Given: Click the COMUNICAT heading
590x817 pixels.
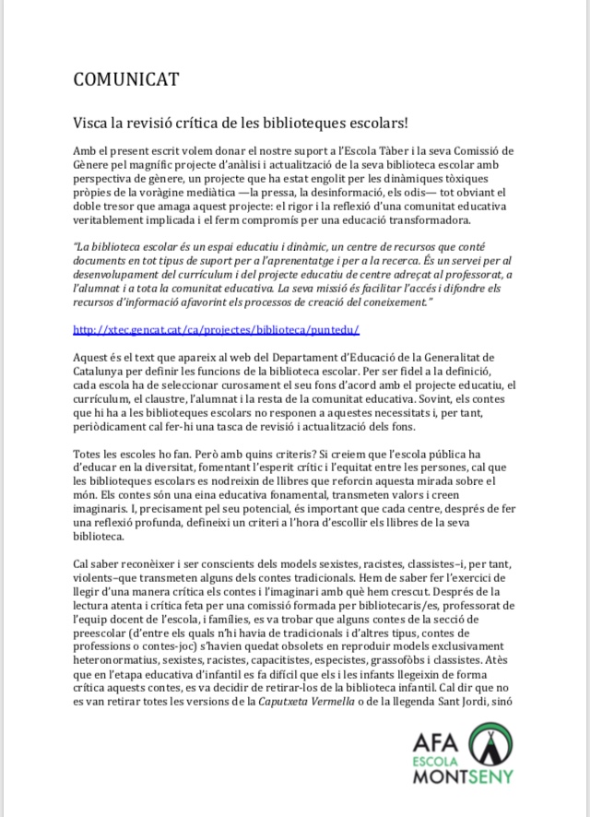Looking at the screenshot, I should click(x=125, y=80).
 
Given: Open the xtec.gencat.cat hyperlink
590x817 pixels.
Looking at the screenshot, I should click(x=216, y=329).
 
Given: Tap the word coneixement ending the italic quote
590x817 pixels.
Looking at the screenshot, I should click(x=372, y=302).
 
